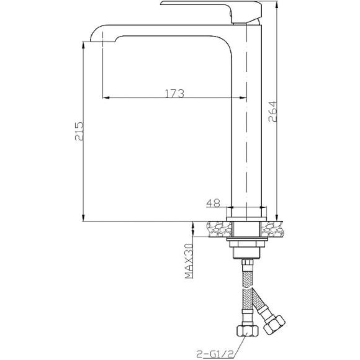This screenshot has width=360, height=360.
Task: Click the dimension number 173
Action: [174, 94]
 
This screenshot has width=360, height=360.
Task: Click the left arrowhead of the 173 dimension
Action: [105, 98]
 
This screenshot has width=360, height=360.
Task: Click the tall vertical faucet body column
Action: [247, 124]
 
